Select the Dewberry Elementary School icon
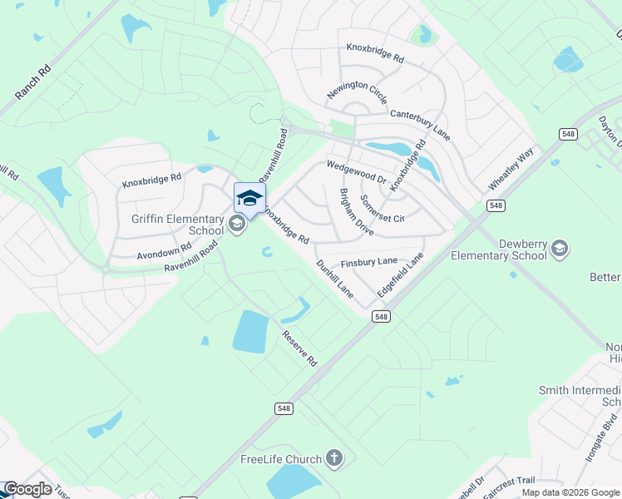pyautogui.click(x=560, y=248)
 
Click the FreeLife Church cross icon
pyautogui.click(x=333, y=458)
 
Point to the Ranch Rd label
pyautogui.click(x=33, y=82)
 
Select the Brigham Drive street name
pyautogui.click(x=356, y=211)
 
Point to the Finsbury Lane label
pyautogui.click(x=369, y=261)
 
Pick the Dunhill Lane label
pyautogui.click(x=335, y=279)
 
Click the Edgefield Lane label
pyautogui.click(x=400, y=276)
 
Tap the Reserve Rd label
pyautogui.click(x=300, y=348)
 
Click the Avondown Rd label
pyautogui.click(x=164, y=250)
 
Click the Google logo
pyautogui.click(x=27, y=489)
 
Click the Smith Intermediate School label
pyautogui.click(x=580, y=395)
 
